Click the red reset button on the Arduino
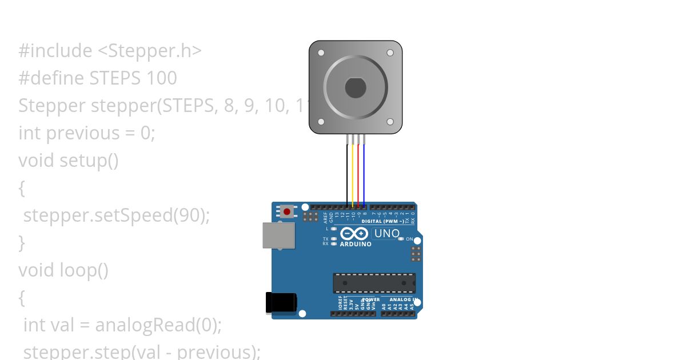(287, 212)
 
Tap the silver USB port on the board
(278, 235)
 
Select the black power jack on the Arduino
(281, 302)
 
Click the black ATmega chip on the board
(374, 283)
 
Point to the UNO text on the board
(387, 233)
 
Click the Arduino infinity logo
(354, 234)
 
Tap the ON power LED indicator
(401, 239)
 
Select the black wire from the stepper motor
(347, 171)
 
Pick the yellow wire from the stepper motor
(353, 171)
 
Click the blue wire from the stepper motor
(364, 171)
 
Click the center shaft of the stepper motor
(355, 87)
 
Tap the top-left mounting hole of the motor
(321, 53)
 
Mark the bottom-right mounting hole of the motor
(390, 121)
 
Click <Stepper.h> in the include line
(150, 51)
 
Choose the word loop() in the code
(84, 270)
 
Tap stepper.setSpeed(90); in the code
(117, 215)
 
